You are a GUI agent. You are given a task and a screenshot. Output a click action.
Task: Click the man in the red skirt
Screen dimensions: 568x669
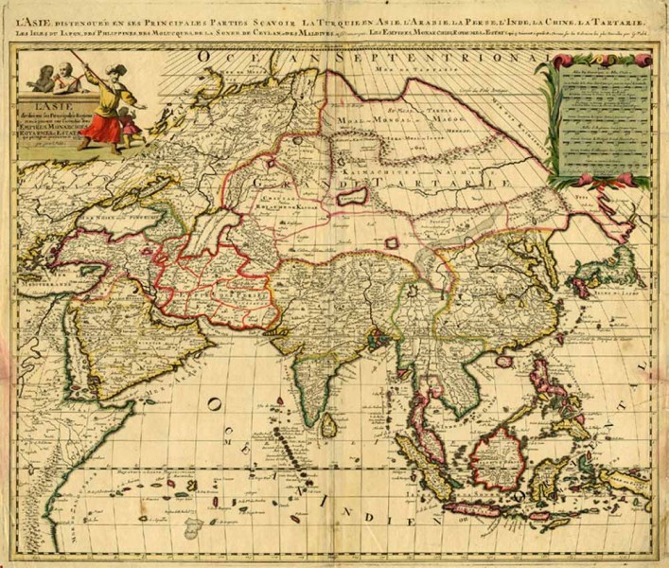101,109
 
